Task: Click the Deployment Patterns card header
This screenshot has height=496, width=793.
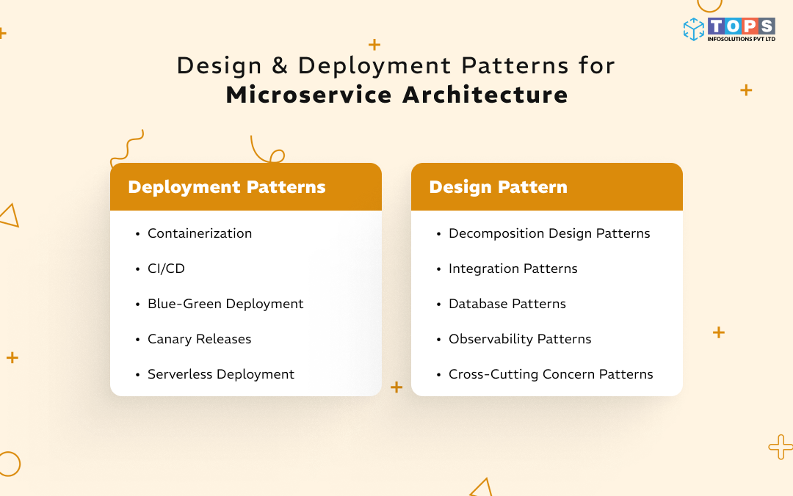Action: (227, 187)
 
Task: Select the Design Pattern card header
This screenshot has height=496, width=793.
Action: (498, 187)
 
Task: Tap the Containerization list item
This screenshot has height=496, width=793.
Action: (200, 233)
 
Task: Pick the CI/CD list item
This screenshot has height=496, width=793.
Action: (166, 269)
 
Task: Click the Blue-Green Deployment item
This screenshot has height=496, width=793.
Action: (225, 304)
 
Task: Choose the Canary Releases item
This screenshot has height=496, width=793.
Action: (199, 339)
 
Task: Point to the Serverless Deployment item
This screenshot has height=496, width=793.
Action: (220, 374)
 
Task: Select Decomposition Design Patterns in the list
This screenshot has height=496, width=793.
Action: (549, 233)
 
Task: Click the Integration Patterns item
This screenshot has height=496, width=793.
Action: (513, 269)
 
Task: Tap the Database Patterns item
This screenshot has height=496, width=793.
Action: (507, 304)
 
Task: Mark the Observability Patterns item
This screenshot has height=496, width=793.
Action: (520, 339)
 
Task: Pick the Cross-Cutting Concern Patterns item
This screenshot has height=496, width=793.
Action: (551, 374)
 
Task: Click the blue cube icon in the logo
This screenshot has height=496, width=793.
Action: (693, 29)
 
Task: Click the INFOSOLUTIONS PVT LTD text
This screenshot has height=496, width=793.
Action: (741, 39)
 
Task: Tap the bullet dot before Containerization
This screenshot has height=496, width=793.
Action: (137, 234)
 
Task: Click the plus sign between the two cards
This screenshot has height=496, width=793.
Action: (396, 387)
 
